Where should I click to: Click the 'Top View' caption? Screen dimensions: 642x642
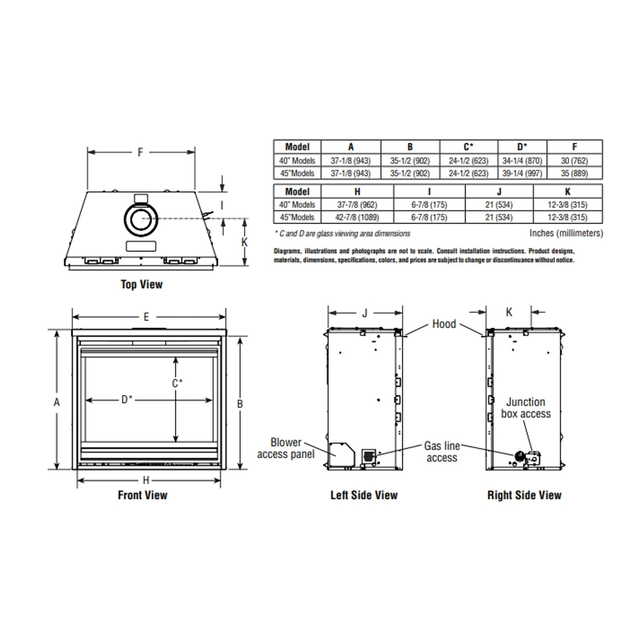[x=141, y=285]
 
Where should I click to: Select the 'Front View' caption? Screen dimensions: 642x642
[x=143, y=496]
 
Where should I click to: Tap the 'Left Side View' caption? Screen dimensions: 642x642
[x=364, y=496]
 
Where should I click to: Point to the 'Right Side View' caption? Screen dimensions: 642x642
[x=524, y=496]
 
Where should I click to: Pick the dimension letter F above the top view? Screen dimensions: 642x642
[x=140, y=151]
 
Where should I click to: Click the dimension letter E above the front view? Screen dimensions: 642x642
[x=146, y=317]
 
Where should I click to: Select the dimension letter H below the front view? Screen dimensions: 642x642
[x=146, y=481]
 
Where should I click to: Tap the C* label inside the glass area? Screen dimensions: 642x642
[x=178, y=383]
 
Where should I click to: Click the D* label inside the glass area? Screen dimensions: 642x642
[x=127, y=400]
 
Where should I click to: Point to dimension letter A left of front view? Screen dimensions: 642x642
[x=57, y=403]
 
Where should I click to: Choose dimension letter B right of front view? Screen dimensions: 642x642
[x=240, y=404]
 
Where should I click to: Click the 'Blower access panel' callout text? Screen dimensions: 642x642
[x=286, y=448]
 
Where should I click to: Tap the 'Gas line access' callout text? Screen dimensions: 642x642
[x=442, y=452]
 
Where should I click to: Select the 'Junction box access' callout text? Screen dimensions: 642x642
[x=525, y=408]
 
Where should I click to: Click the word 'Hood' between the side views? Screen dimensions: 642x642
[x=444, y=324]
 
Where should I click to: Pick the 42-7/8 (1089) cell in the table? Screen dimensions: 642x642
[x=357, y=218]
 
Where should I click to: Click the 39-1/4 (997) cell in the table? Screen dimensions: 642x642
[x=522, y=173]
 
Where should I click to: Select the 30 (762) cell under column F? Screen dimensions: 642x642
[x=575, y=160]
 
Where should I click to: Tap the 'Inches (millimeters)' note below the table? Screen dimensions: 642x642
[x=566, y=233]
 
